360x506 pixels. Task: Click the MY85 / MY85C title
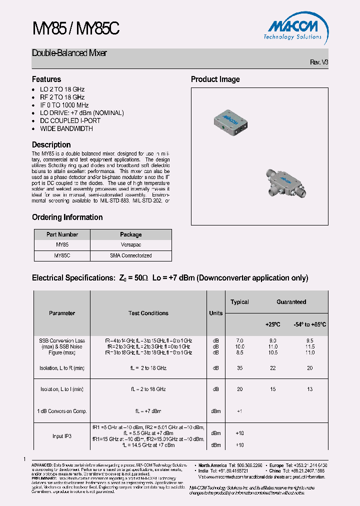75,29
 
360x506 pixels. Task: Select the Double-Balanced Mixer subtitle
69,53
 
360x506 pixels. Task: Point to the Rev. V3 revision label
319,62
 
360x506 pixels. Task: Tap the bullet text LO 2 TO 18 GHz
62,89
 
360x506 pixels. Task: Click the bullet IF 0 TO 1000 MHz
64,105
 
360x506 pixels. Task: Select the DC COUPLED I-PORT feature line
70,120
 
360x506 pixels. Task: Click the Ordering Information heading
67,217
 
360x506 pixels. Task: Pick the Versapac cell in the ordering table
131,245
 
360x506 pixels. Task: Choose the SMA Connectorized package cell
131,255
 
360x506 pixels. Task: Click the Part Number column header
62,234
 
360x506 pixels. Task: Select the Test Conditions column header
148,313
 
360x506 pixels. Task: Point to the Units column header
216,313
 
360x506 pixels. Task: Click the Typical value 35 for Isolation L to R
239,368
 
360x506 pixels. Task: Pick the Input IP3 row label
62,436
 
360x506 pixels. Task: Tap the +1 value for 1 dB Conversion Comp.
239,411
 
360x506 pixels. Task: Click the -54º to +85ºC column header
310,324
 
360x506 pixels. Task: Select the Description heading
51,145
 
